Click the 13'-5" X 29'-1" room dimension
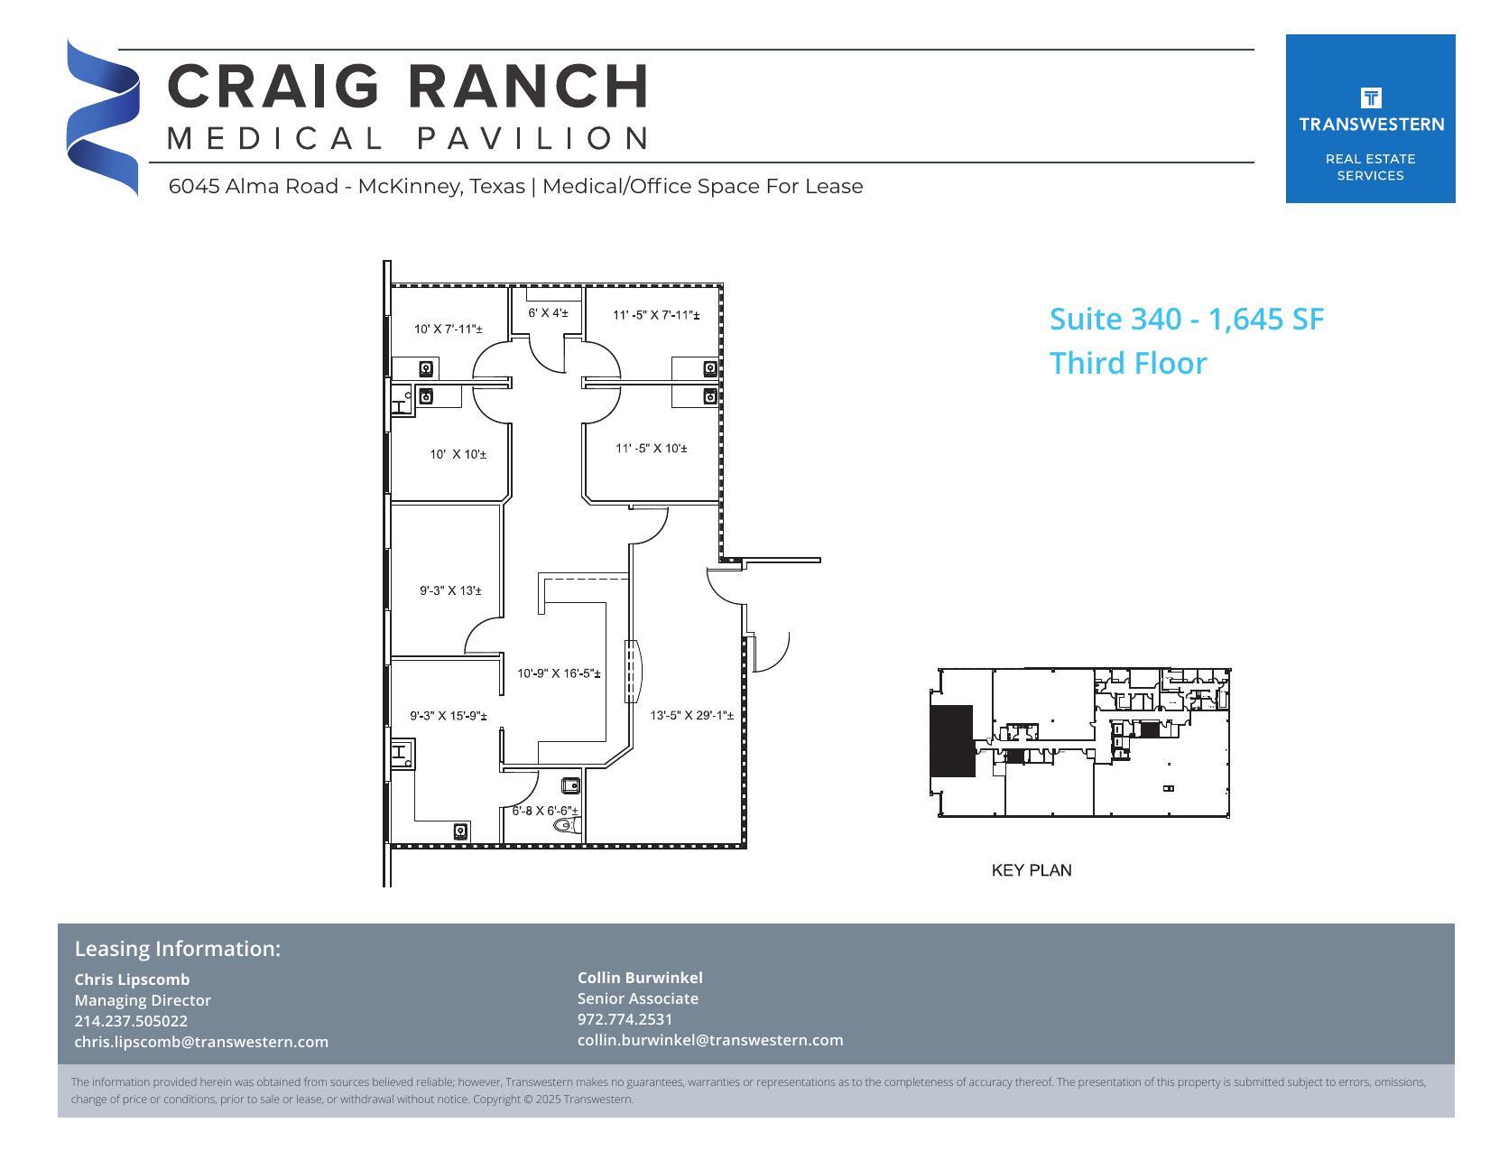(691, 716)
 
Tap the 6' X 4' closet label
(548, 313)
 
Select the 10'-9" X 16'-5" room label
(559, 673)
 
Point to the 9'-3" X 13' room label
(450, 591)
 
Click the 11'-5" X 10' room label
(651, 449)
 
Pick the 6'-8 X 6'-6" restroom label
(545, 811)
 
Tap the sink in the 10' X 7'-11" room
(426, 368)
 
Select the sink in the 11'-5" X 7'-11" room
(709, 368)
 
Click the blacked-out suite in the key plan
(951, 740)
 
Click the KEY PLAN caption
(1031, 870)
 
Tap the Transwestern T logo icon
(1370, 97)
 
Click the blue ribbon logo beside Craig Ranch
(102, 117)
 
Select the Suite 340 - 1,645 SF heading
(1186, 320)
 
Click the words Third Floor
(1127, 364)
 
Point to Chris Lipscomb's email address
(201, 1042)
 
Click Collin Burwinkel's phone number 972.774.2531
(625, 1019)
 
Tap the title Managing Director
(143, 1000)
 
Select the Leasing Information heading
(177, 949)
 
